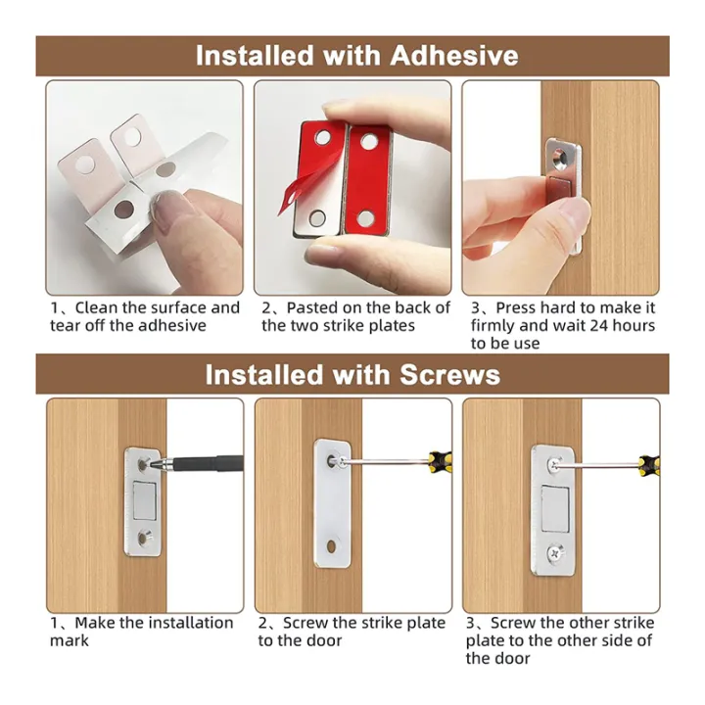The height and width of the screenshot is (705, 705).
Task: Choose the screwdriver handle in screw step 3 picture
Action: click(x=645, y=459)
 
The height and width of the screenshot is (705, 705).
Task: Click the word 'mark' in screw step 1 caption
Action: click(x=70, y=640)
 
